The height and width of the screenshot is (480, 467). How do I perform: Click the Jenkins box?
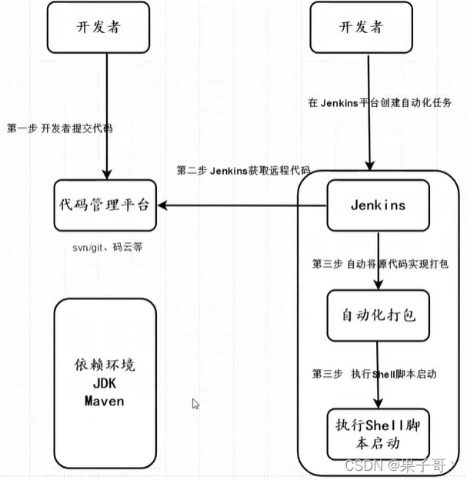click(378, 205)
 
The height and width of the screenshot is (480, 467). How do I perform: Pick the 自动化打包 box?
click(377, 315)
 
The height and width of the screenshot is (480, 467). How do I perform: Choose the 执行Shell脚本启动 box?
click(377, 434)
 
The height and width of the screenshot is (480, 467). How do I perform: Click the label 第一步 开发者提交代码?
click(60, 128)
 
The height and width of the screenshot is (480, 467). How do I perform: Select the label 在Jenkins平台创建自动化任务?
click(379, 103)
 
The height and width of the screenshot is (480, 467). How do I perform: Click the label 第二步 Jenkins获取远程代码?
click(243, 170)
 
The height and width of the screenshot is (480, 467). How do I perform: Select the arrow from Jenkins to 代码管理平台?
click(242, 205)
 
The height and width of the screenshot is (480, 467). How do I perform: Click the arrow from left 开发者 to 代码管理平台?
click(108, 115)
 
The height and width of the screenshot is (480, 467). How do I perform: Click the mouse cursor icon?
click(196, 404)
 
